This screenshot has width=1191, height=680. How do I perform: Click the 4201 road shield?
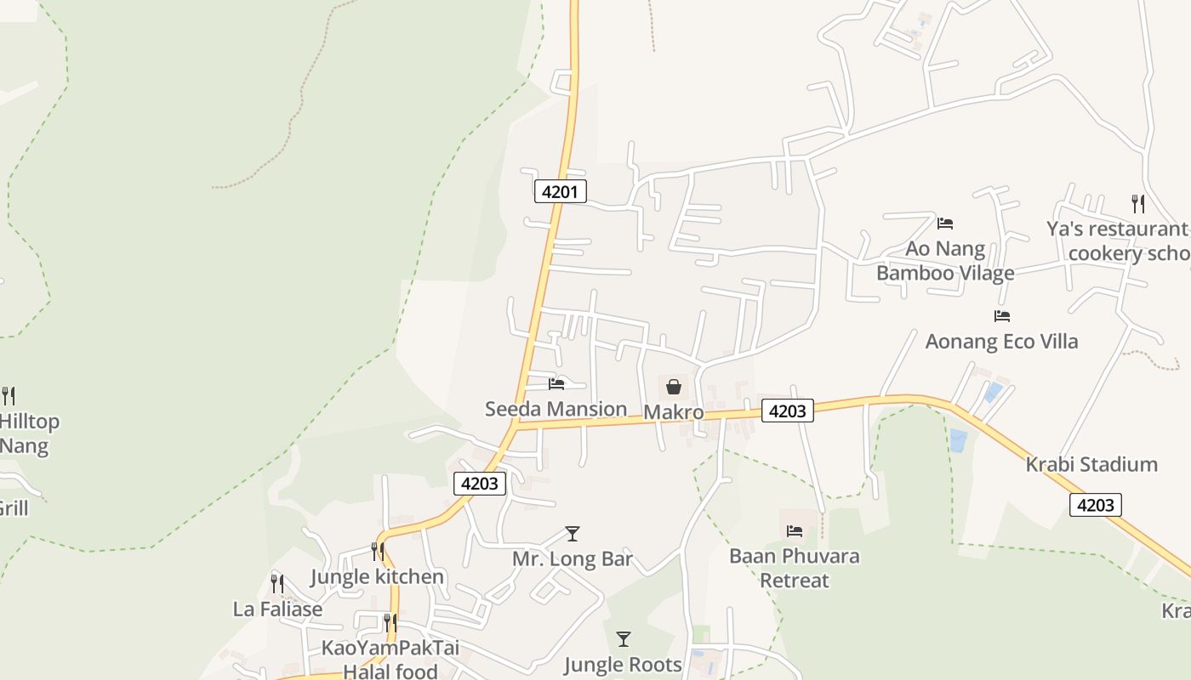pos(560,191)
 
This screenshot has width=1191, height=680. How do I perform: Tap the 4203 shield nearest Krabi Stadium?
pos(1095,505)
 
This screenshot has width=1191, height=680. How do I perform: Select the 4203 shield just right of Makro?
pos(786,411)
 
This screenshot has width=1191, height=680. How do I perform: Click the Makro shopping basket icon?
pos(674,388)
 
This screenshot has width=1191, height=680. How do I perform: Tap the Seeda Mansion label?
pos(556,409)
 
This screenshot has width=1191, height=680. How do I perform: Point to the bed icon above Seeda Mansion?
pos(556,384)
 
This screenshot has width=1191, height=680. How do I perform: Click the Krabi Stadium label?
pos(1091,464)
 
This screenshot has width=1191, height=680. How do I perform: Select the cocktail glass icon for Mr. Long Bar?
pos(573,534)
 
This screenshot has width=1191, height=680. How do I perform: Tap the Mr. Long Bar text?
pos(573,558)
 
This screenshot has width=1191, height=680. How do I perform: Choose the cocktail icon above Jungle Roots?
pos(624,639)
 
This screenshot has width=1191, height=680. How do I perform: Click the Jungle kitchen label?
pos(377,576)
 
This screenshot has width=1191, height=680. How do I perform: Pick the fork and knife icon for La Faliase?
pos(277,583)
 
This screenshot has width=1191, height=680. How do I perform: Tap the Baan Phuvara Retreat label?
pos(794,568)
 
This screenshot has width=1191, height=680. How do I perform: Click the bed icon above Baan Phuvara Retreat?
pos(795,531)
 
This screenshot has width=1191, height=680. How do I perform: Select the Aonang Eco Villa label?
pos(1001,341)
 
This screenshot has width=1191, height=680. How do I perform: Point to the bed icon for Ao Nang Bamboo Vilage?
pos(944,224)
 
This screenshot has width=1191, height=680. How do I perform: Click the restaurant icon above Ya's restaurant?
pos(1137,203)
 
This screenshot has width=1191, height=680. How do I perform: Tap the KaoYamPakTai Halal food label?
pos(390,659)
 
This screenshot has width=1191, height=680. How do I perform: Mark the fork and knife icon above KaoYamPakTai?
pos(390,623)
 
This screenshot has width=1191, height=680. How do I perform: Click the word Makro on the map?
pos(673,412)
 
